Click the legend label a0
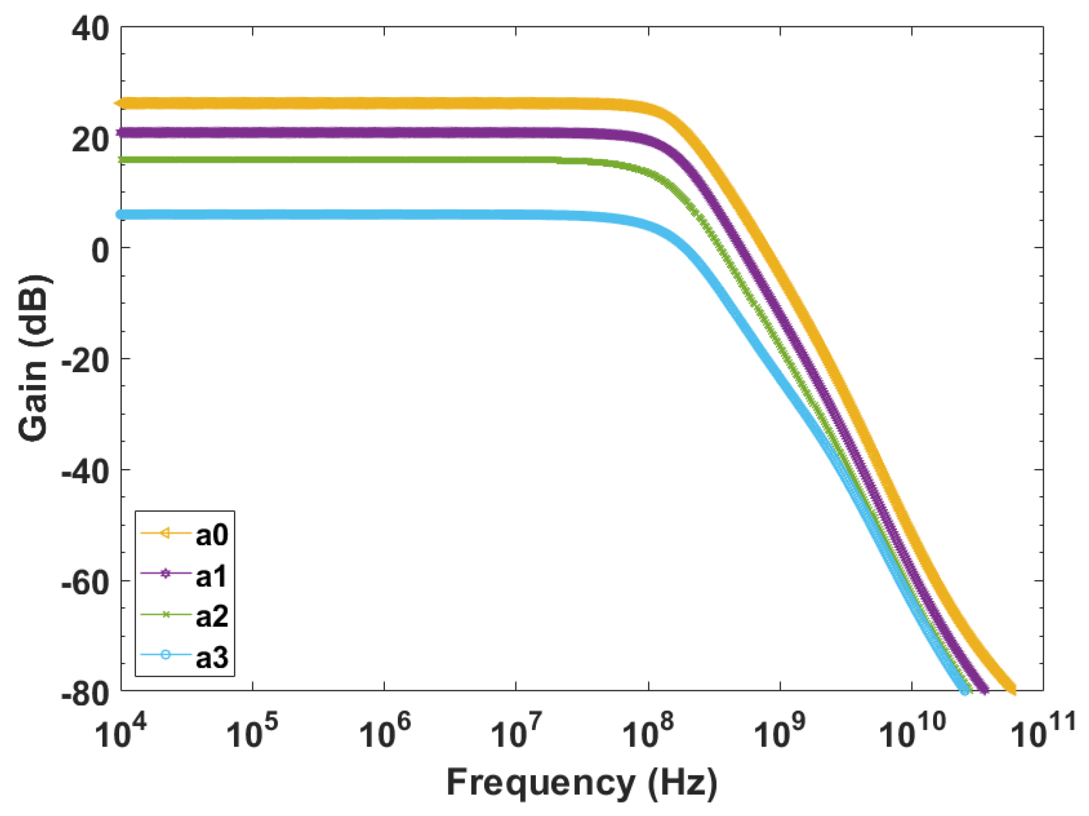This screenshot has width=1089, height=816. (x=211, y=534)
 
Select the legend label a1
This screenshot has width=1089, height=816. (x=211, y=576)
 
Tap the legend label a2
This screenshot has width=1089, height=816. (x=211, y=616)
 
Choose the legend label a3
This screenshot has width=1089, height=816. (x=211, y=657)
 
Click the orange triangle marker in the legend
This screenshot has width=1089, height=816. (x=166, y=533)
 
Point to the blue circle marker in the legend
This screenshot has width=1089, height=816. (x=166, y=655)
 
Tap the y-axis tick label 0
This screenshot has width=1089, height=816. (x=100, y=250)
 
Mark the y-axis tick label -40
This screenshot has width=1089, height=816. (x=85, y=472)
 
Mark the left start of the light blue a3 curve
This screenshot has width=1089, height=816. (x=122, y=215)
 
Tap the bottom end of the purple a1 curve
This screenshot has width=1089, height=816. (x=984, y=690)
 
